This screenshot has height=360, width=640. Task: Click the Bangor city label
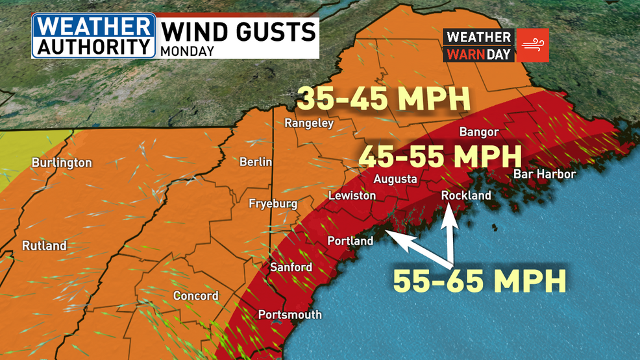click(x=479, y=132)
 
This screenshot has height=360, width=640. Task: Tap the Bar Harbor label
click(x=544, y=174)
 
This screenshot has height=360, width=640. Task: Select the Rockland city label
click(x=466, y=195)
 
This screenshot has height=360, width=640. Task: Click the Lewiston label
click(x=352, y=195)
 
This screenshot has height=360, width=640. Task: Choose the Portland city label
click(x=350, y=241)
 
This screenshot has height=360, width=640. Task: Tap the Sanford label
click(x=291, y=267)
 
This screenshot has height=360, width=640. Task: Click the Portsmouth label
click(x=289, y=315)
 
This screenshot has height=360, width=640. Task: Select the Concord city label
click(x=195, y=296)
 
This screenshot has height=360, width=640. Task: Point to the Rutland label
click(x=44, y=246)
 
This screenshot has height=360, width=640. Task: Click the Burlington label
click(x=62, y=163)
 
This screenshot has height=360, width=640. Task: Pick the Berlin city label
click(x=256, y=162)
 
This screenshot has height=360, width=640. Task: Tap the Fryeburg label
click(x=273, y=204)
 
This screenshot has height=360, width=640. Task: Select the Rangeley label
click(x=309, y=123)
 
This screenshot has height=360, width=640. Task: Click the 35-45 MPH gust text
click(x=383, y=99)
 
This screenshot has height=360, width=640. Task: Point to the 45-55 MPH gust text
click(x=440, y=156)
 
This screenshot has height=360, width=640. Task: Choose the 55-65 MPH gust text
click(x=480, y=281)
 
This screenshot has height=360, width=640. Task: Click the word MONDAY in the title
click(x=188, y=51)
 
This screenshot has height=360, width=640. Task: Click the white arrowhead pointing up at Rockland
click(x=449, y=212)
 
